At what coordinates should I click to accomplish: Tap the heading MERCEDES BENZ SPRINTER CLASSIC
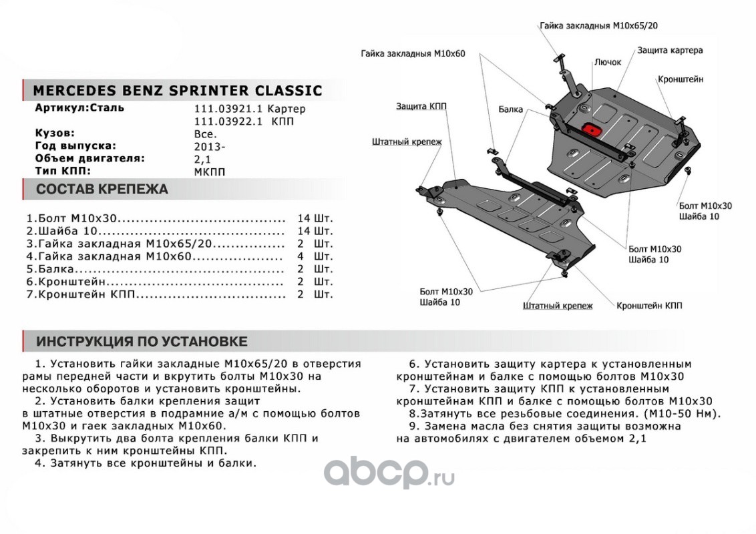(177, 91)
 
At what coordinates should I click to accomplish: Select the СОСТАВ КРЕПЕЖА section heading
(102, 190)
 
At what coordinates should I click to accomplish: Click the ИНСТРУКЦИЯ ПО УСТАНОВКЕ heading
(142, 342)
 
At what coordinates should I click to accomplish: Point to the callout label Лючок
(607, 62)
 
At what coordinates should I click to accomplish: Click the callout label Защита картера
(669, 50)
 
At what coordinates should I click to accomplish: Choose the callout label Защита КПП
(421, 106)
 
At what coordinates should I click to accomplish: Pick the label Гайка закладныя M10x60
(412, 53)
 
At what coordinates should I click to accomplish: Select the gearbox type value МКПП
(210, 172)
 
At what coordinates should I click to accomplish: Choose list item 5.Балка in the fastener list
(50, 269)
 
